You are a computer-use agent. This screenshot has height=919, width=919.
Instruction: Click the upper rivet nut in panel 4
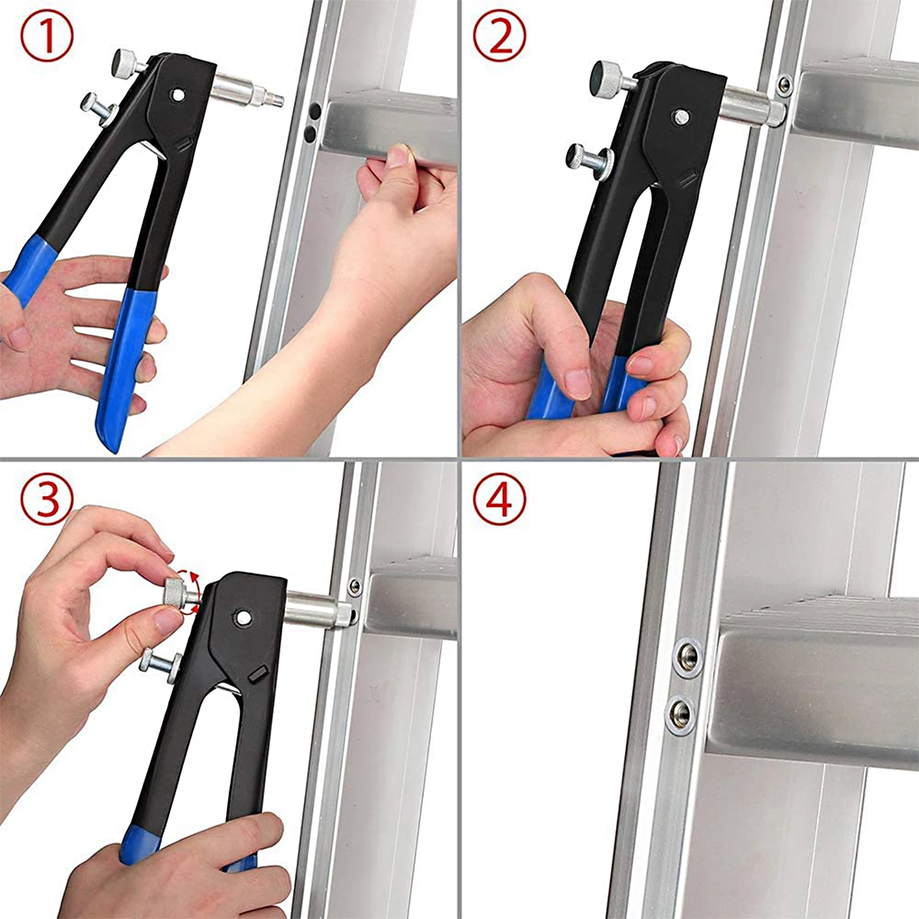(686, 657)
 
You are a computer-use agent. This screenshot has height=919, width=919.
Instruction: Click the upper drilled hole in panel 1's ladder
(314, 112)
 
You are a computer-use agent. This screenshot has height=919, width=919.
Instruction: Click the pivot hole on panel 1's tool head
(178, 95)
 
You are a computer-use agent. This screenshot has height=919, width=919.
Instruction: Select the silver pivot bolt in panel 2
(680, 116)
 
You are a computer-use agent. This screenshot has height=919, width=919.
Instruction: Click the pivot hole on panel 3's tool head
(244, 617)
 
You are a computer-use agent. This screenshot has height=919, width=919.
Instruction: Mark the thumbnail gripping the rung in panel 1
(399, 157)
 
